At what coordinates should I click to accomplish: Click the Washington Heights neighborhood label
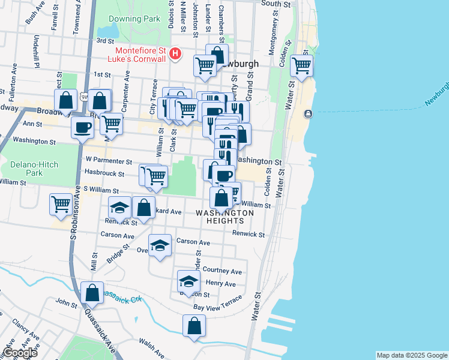(224, 217)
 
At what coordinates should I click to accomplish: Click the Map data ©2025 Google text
(412, 355)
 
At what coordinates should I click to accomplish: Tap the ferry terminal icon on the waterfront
(308, 114)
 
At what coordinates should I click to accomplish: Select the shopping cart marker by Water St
(301, 65)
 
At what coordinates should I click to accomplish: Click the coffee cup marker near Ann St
(82, 127)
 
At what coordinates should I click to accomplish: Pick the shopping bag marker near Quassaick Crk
(92, 293)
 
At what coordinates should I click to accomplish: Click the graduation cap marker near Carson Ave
(160, 245)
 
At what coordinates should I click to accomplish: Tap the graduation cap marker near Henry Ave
(188, 281)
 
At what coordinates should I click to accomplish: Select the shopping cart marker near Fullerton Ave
(61, 204)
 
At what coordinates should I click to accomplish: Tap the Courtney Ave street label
(222, 271)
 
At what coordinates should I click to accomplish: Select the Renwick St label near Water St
(249, 233)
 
